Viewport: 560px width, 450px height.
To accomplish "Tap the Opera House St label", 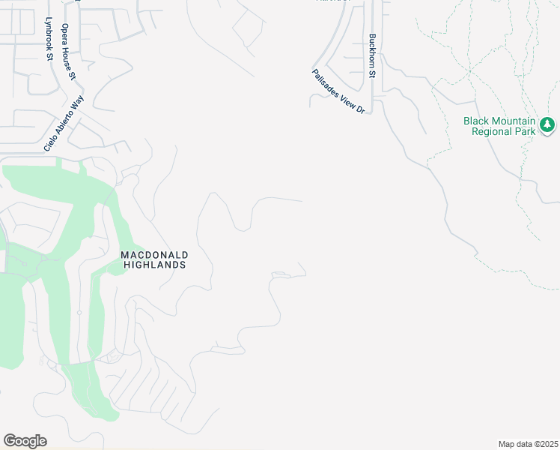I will click(x=69, y=51).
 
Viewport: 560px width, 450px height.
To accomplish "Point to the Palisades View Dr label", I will click(x=338, y=91).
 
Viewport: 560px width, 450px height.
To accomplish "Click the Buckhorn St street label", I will click(x=372, y=55).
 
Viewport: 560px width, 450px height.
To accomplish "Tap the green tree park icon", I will click(x=547, y=124).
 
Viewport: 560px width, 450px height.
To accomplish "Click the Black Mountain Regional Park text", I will click(x=499, y=126).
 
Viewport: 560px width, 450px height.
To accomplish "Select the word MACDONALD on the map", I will click(x=153, y=255).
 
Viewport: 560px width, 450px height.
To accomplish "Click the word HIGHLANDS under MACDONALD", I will click(x=153, y=265).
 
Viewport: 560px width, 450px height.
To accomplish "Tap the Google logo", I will click(x=25, y=441).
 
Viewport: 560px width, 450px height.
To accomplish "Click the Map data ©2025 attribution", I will click(x=528, y=444).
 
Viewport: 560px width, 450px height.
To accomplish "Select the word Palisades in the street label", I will click(x=326, y=82).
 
